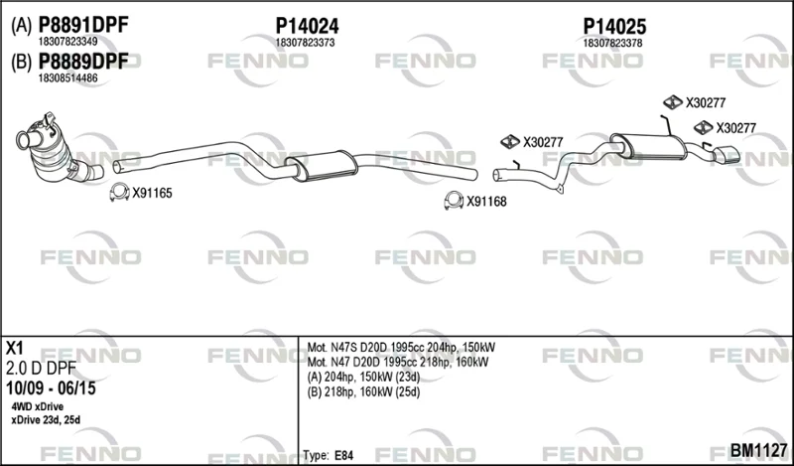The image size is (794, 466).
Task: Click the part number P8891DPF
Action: (x=83, y=25)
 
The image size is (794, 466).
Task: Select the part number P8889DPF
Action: (x=83, y=62)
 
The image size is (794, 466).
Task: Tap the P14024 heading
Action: (x=307, y=26)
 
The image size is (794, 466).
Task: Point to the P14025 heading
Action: (x=614, y=26)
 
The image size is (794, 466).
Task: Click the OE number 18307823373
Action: (x=305, y=43)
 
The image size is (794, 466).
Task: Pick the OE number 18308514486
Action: (x=68, y=78)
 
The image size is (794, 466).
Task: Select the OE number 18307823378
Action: (x=612, y=43)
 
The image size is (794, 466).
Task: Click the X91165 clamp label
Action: (x=153, y=193)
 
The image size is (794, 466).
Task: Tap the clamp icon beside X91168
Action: (x=454, y=201)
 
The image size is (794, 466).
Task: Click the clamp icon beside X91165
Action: (x=119, y=193)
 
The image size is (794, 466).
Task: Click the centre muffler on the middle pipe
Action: (x=321, y=165)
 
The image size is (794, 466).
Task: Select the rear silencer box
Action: (x=648, y=145)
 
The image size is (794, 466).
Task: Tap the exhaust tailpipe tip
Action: (x=726, y=155)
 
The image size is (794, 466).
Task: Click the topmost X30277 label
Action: (x=706, y=103)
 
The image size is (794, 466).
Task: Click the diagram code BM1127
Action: (x=758, y=450)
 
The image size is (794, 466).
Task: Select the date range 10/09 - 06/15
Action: (x=51, y=388)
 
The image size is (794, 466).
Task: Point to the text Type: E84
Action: (x=329, y=455)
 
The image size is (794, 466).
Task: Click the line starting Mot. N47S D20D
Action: (x=401, y=348)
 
